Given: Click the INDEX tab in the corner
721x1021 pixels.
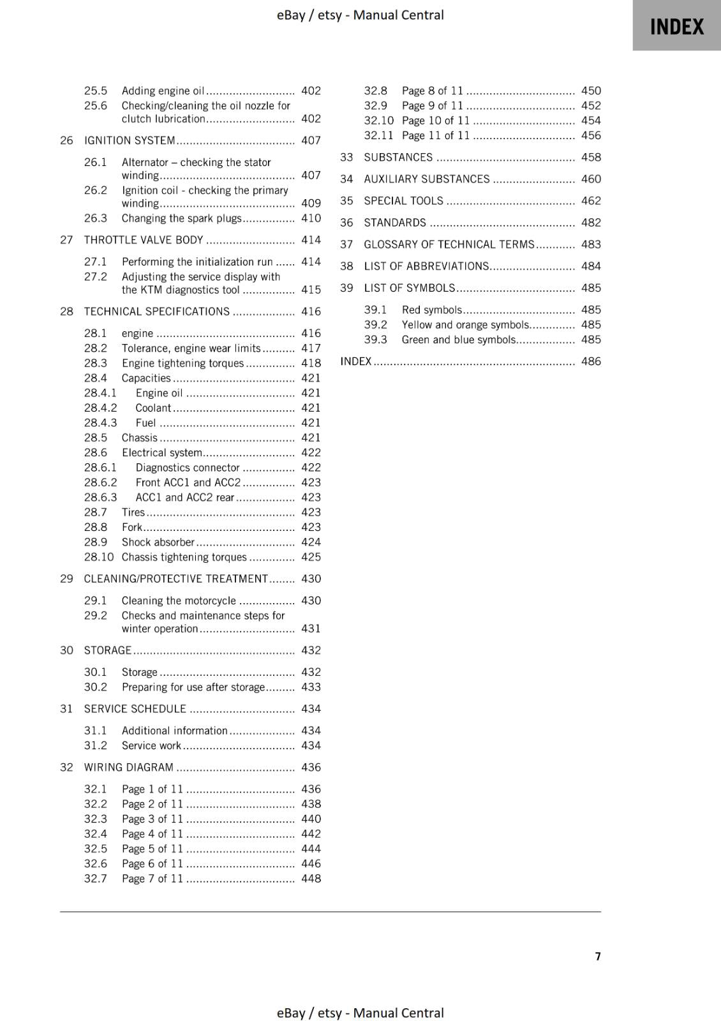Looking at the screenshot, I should coord(676,26).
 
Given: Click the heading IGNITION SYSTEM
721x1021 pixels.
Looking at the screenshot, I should coord(130,140).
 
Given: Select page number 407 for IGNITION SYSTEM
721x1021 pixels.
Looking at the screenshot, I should coord(311,140).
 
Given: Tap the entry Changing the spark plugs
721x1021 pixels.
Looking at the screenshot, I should coord(181,218).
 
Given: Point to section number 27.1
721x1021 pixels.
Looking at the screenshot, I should coord(95,262).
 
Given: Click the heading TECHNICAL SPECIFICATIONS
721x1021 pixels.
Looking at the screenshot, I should coord(156,311).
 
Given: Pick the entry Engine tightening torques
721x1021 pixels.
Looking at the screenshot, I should coord(182,363).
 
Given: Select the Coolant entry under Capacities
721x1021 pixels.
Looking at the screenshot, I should coord(153,408).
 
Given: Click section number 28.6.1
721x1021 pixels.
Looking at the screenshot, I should coord(100,468).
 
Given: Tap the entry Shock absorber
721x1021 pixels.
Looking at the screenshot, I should coord(158,542).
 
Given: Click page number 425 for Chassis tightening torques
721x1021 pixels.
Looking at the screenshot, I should coord(311,557).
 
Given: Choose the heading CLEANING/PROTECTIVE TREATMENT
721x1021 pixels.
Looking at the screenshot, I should coord(175,579).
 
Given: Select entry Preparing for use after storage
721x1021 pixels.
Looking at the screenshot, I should coord(193,687).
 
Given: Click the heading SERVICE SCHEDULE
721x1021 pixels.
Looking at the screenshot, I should coord(135,709).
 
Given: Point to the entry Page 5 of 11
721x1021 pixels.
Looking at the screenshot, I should coord(152,849).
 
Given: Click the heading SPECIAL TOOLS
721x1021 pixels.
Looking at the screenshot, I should coord(403,201).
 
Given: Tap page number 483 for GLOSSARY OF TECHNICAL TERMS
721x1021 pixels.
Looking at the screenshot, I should coord(591,244).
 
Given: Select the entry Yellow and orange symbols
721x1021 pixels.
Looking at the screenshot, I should coord(465,325).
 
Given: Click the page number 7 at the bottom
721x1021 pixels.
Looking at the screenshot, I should coord(598,956).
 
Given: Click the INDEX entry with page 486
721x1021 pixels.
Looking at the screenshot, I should coord(355,361).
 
